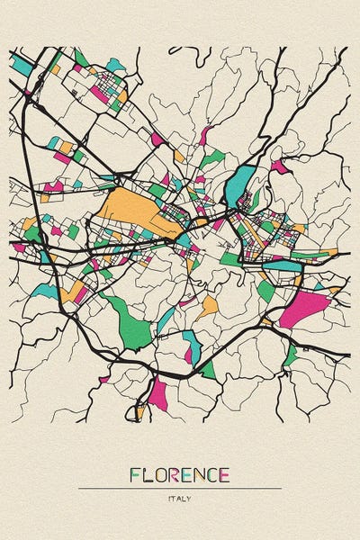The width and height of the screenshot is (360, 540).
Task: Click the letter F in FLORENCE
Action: (x=136, y=474)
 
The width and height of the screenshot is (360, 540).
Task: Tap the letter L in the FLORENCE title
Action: (x=148, y=474)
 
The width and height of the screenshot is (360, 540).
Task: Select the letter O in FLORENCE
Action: (x=161, y=474)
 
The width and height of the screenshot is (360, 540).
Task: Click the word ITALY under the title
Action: (x=180, y=497)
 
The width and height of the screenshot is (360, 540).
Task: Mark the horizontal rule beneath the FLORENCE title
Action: (x=180, y=488)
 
